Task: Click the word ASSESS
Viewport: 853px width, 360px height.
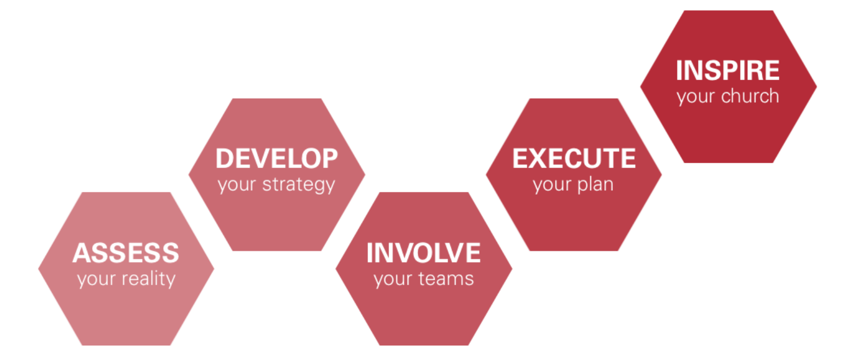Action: point(126,253)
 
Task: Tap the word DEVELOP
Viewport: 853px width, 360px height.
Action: point(276,159)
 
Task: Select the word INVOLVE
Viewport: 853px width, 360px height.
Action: point(423,253)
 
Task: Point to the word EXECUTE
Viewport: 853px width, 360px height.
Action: point(574,159)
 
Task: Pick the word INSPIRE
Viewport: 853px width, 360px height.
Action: point(727,70)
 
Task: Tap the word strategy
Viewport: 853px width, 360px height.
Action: point(299,185)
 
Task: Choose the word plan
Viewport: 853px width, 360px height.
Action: point(595,185)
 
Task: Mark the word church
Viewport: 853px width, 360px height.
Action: point(750,97)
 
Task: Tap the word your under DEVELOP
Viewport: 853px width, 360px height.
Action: point(237,185)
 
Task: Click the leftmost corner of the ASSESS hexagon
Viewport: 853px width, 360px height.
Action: point(38,268)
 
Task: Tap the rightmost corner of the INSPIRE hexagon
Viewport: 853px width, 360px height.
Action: point(817,86)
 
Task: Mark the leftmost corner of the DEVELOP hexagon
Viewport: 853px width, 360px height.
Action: point(189,175)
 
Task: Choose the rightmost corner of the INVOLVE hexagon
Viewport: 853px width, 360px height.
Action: point(512,268)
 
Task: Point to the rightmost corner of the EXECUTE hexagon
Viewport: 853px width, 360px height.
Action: point(662,175)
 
